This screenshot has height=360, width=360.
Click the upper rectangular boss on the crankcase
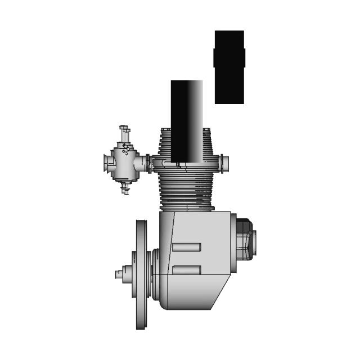tap(186, 247)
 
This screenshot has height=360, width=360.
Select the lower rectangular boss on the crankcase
tap(186, 270)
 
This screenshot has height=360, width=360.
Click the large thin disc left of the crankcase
tap(141, 274)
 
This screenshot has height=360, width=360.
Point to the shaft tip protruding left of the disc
tap(119, 274)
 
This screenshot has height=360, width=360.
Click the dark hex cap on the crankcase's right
tap(246, 238)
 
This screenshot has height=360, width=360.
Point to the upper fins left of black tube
tap(164, 143)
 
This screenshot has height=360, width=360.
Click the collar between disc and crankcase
tap(154, 274)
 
